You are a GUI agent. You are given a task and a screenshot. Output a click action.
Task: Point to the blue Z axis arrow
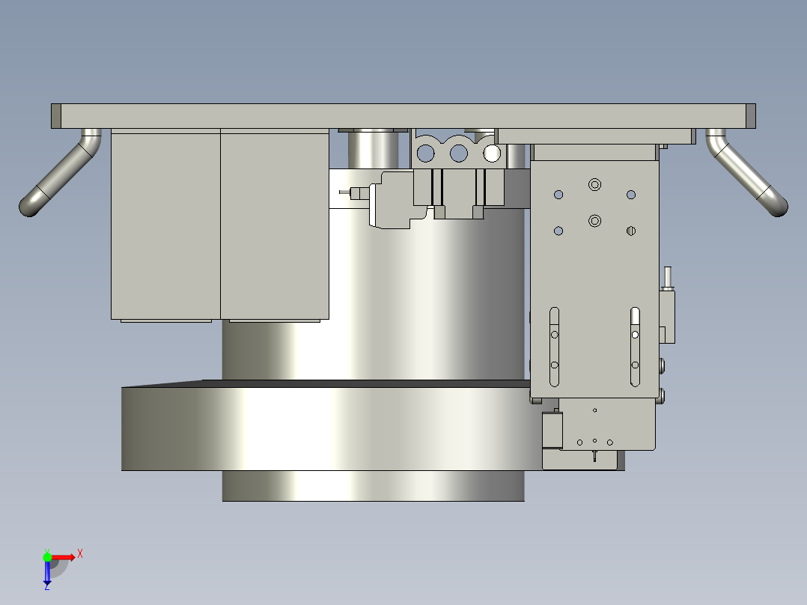47,574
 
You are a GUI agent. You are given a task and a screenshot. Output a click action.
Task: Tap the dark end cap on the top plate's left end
55,116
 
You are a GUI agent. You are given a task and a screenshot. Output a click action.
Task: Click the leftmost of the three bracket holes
425,153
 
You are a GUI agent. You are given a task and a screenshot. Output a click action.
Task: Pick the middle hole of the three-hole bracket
458,153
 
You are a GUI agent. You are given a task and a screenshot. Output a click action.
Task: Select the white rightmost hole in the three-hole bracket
492,153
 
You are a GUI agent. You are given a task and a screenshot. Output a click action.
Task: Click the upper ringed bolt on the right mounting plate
595,183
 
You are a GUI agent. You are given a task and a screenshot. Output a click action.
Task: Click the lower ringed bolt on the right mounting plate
595,220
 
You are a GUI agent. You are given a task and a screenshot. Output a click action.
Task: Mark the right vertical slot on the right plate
635,346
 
